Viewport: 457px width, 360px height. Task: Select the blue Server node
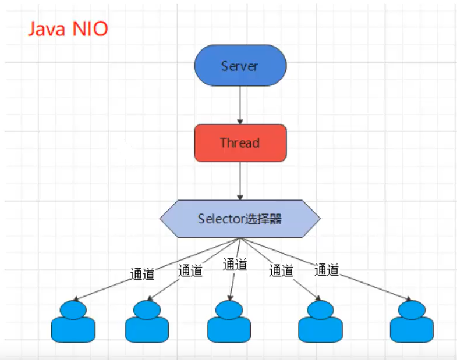point(240,65)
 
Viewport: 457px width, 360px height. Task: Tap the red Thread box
point(240,142)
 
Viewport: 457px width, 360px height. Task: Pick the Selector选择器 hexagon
point(240,219)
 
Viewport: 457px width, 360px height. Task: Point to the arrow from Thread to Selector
point(240,181)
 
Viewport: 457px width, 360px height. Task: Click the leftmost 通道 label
point(143,274)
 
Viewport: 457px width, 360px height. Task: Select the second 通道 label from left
point(190,270)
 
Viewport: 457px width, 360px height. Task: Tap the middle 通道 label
point(235,265)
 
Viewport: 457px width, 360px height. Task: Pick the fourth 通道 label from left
point(281,270)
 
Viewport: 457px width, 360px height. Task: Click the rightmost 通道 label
point(327,270)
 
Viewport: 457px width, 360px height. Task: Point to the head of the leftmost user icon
point(72,309)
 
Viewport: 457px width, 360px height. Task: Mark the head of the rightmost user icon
point(412,309)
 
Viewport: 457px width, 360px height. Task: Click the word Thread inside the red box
point(240,142)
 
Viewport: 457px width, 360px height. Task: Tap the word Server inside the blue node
point(240,66)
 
